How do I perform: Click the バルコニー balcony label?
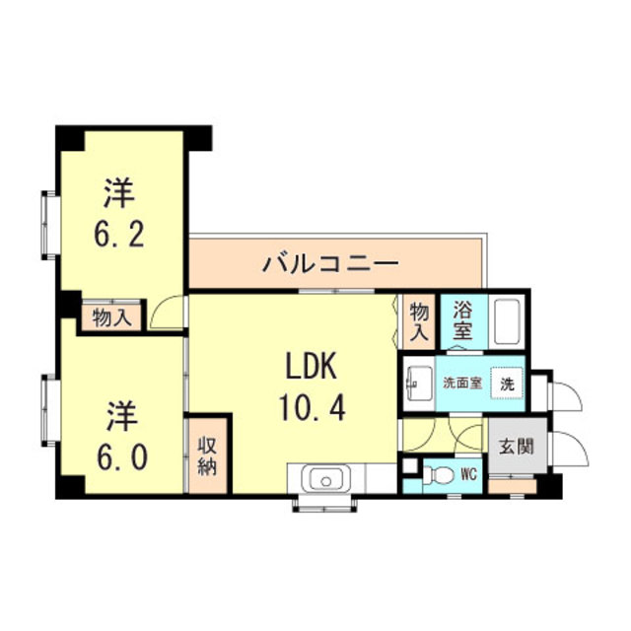point(330,264)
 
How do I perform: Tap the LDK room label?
point(313,367)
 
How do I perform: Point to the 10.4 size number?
point(313,406)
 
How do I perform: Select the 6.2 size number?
point(120,234)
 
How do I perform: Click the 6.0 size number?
point(120,456)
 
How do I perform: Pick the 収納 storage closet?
point(208,454)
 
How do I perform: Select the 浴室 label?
point(462,320)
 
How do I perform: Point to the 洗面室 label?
point(461,383)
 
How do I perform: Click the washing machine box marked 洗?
point(507,383)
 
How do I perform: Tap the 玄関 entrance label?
point(515,446)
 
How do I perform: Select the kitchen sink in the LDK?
point(324,479)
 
